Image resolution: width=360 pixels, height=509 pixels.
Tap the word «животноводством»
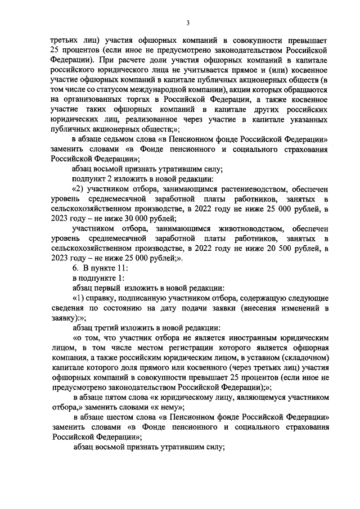pos(246,228)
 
